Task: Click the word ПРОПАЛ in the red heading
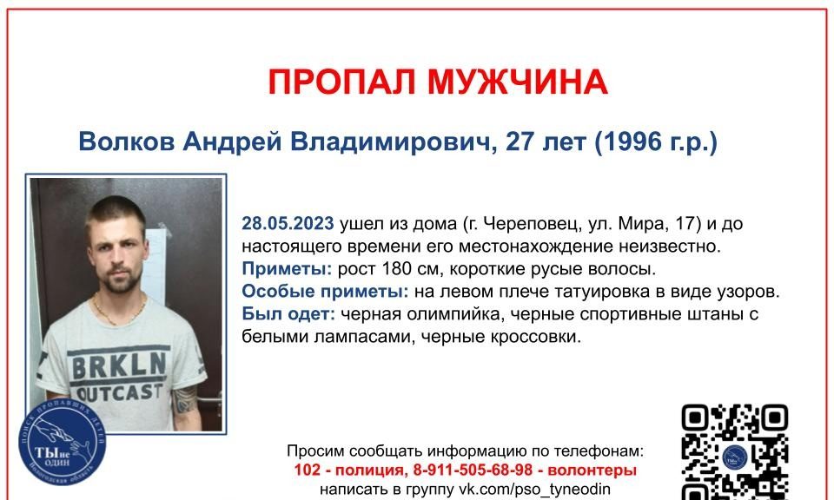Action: pyautogui.click(x=341, y=82)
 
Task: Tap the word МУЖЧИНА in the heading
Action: pyautogui.click(x=518, y=82)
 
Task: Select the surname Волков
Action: pyautogui.click(x=127, y=141)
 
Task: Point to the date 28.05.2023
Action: pyautogui.click(x=288, y=223)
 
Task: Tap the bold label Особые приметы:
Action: pyautogui.click(x=326, y=291)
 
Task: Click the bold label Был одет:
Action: pyautogui.click(x=288, y=313)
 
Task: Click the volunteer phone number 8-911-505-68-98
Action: pyautogui.click(x=473, y=470)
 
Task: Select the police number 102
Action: pyautogui.click(x=308, y=470)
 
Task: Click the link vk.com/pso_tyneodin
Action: pyautogui.click(x=534, y=489)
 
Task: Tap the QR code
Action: pyautogui.click(x=735, y=451)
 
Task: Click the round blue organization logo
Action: pyautogui.click(x=63, y=442)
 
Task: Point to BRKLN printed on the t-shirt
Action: pyautogui.click(x=119, y=365)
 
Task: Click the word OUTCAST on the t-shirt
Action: pyautogui.click(x=119, y=392)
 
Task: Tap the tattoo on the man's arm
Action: pyautogui.click(x=185, y=399)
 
